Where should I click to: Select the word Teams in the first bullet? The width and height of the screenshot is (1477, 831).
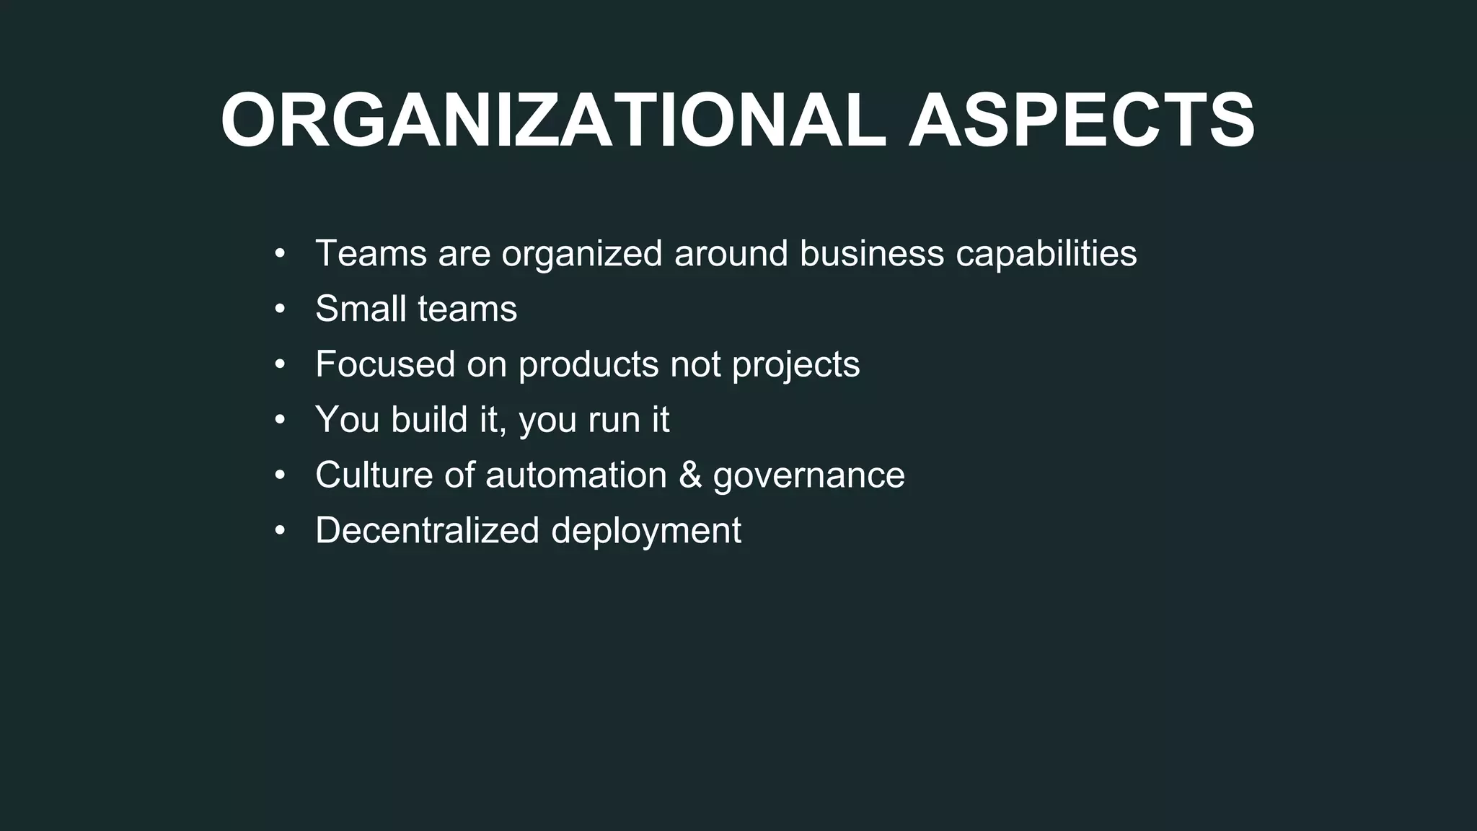click(x=371, y=253)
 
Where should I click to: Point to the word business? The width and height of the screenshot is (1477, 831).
click(x=871, y=253)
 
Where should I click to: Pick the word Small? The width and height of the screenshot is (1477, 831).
click(x=360, y=309)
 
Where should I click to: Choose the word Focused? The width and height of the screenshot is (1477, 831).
click(x=385, y=364)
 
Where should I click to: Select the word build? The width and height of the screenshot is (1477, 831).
click(x=429, y=419)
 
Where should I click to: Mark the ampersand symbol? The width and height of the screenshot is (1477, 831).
click(x=690, y=475)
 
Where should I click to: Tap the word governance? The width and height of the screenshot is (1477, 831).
click(x=808, y=476)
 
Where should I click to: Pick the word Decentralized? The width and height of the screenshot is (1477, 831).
click(x=427, y=530)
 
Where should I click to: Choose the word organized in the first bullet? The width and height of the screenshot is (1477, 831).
click(x=581, y=255)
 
